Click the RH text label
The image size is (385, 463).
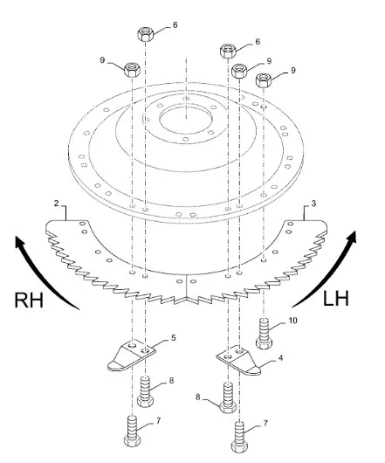pos(29,300)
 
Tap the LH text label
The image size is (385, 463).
pos(336,298)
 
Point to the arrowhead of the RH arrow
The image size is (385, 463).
pos(21,241)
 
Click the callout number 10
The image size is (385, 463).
pos(292,321)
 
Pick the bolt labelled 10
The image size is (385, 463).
pos(264,334)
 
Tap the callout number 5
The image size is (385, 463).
pos(174,337)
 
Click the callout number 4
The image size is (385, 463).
pos(280,358)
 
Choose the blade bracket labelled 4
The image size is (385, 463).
pos(238,360)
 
